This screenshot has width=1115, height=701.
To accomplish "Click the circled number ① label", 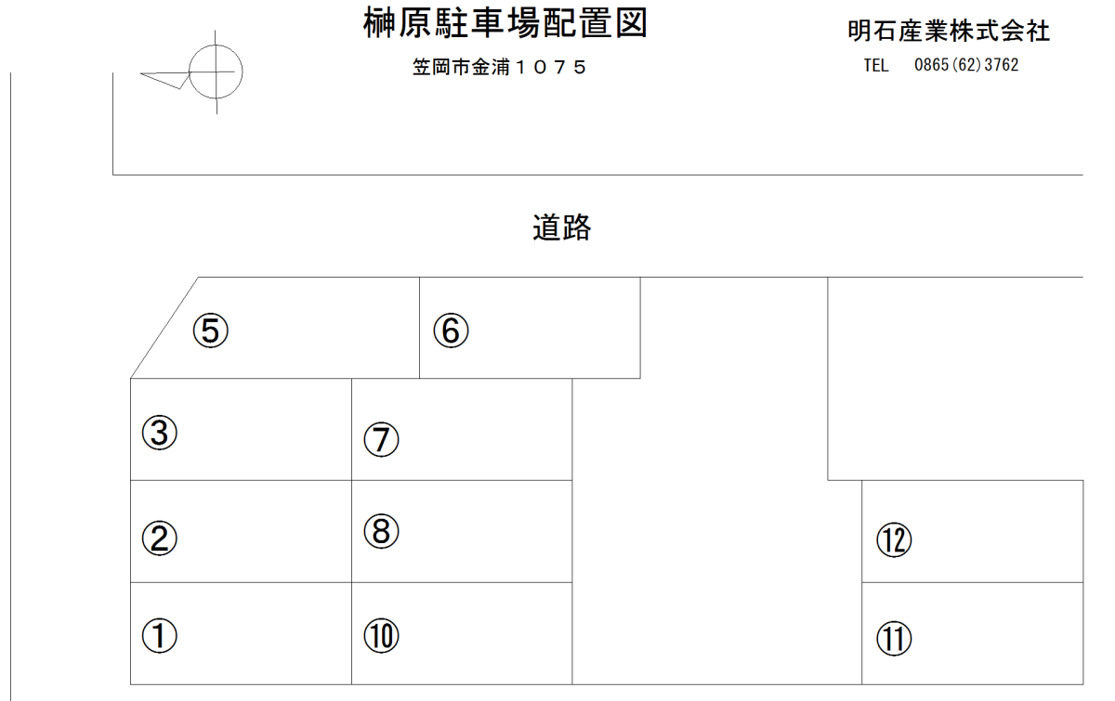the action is pyautogui.click(x=159, y=635).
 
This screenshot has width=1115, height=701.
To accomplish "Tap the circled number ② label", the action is pyautogui.click(x=159, y=539).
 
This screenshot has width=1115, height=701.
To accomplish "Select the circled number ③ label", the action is pyautogui.click(x=159, y=433).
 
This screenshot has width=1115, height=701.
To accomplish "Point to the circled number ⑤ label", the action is pyautogui.click(x=211, y=331).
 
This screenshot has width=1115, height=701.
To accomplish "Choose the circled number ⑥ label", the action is pyautogui.click(x=451, y=331).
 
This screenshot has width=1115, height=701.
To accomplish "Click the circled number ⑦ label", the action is pyautogui.click(x=381, y=439).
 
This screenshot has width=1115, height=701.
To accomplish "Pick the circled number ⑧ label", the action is pyautogui.click(x=381, y=531).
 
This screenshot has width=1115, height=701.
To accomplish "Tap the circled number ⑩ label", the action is pyautogui.click(x=381, y=635).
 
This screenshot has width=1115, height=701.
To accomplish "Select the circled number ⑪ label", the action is pyautogui.click(x=894, y=638).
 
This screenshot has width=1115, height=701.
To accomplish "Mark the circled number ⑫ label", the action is pyautogui.click(x=894, y=539).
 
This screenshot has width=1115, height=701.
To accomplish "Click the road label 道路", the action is pyautogui.click(x=562, y=227).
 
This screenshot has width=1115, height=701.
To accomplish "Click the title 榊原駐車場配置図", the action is pyautogui.click(x=505, y=23).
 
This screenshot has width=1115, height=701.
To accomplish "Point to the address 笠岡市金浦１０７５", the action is pyautogui.click(x=499, y=67).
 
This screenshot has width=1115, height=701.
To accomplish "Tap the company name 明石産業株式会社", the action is pyautogui.click(x=949, y=31).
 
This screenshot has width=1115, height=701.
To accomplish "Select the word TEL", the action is pyautogui.click(x=876, y=65).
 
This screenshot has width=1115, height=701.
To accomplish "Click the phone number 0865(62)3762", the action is pyautogui.click(x=966, y=65).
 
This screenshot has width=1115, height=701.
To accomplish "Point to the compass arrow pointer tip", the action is pyautogui.click(x=141, y=73).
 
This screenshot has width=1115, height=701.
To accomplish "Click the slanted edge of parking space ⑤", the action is pyautogui.click(x=164, y=328).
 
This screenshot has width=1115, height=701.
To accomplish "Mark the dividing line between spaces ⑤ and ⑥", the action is pyautogui.click(x=420, y=328).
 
